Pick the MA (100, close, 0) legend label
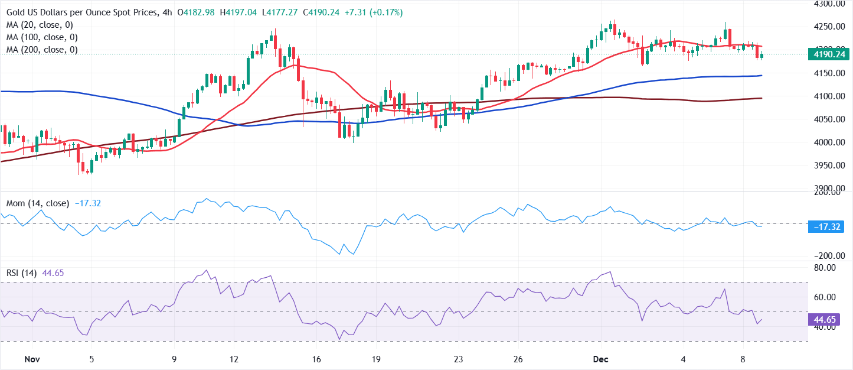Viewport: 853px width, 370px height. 43,37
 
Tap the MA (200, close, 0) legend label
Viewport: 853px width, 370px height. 43,50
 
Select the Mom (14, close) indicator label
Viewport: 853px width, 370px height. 38,203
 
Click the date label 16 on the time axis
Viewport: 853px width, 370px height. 316,359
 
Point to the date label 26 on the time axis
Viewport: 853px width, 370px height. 518,359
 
